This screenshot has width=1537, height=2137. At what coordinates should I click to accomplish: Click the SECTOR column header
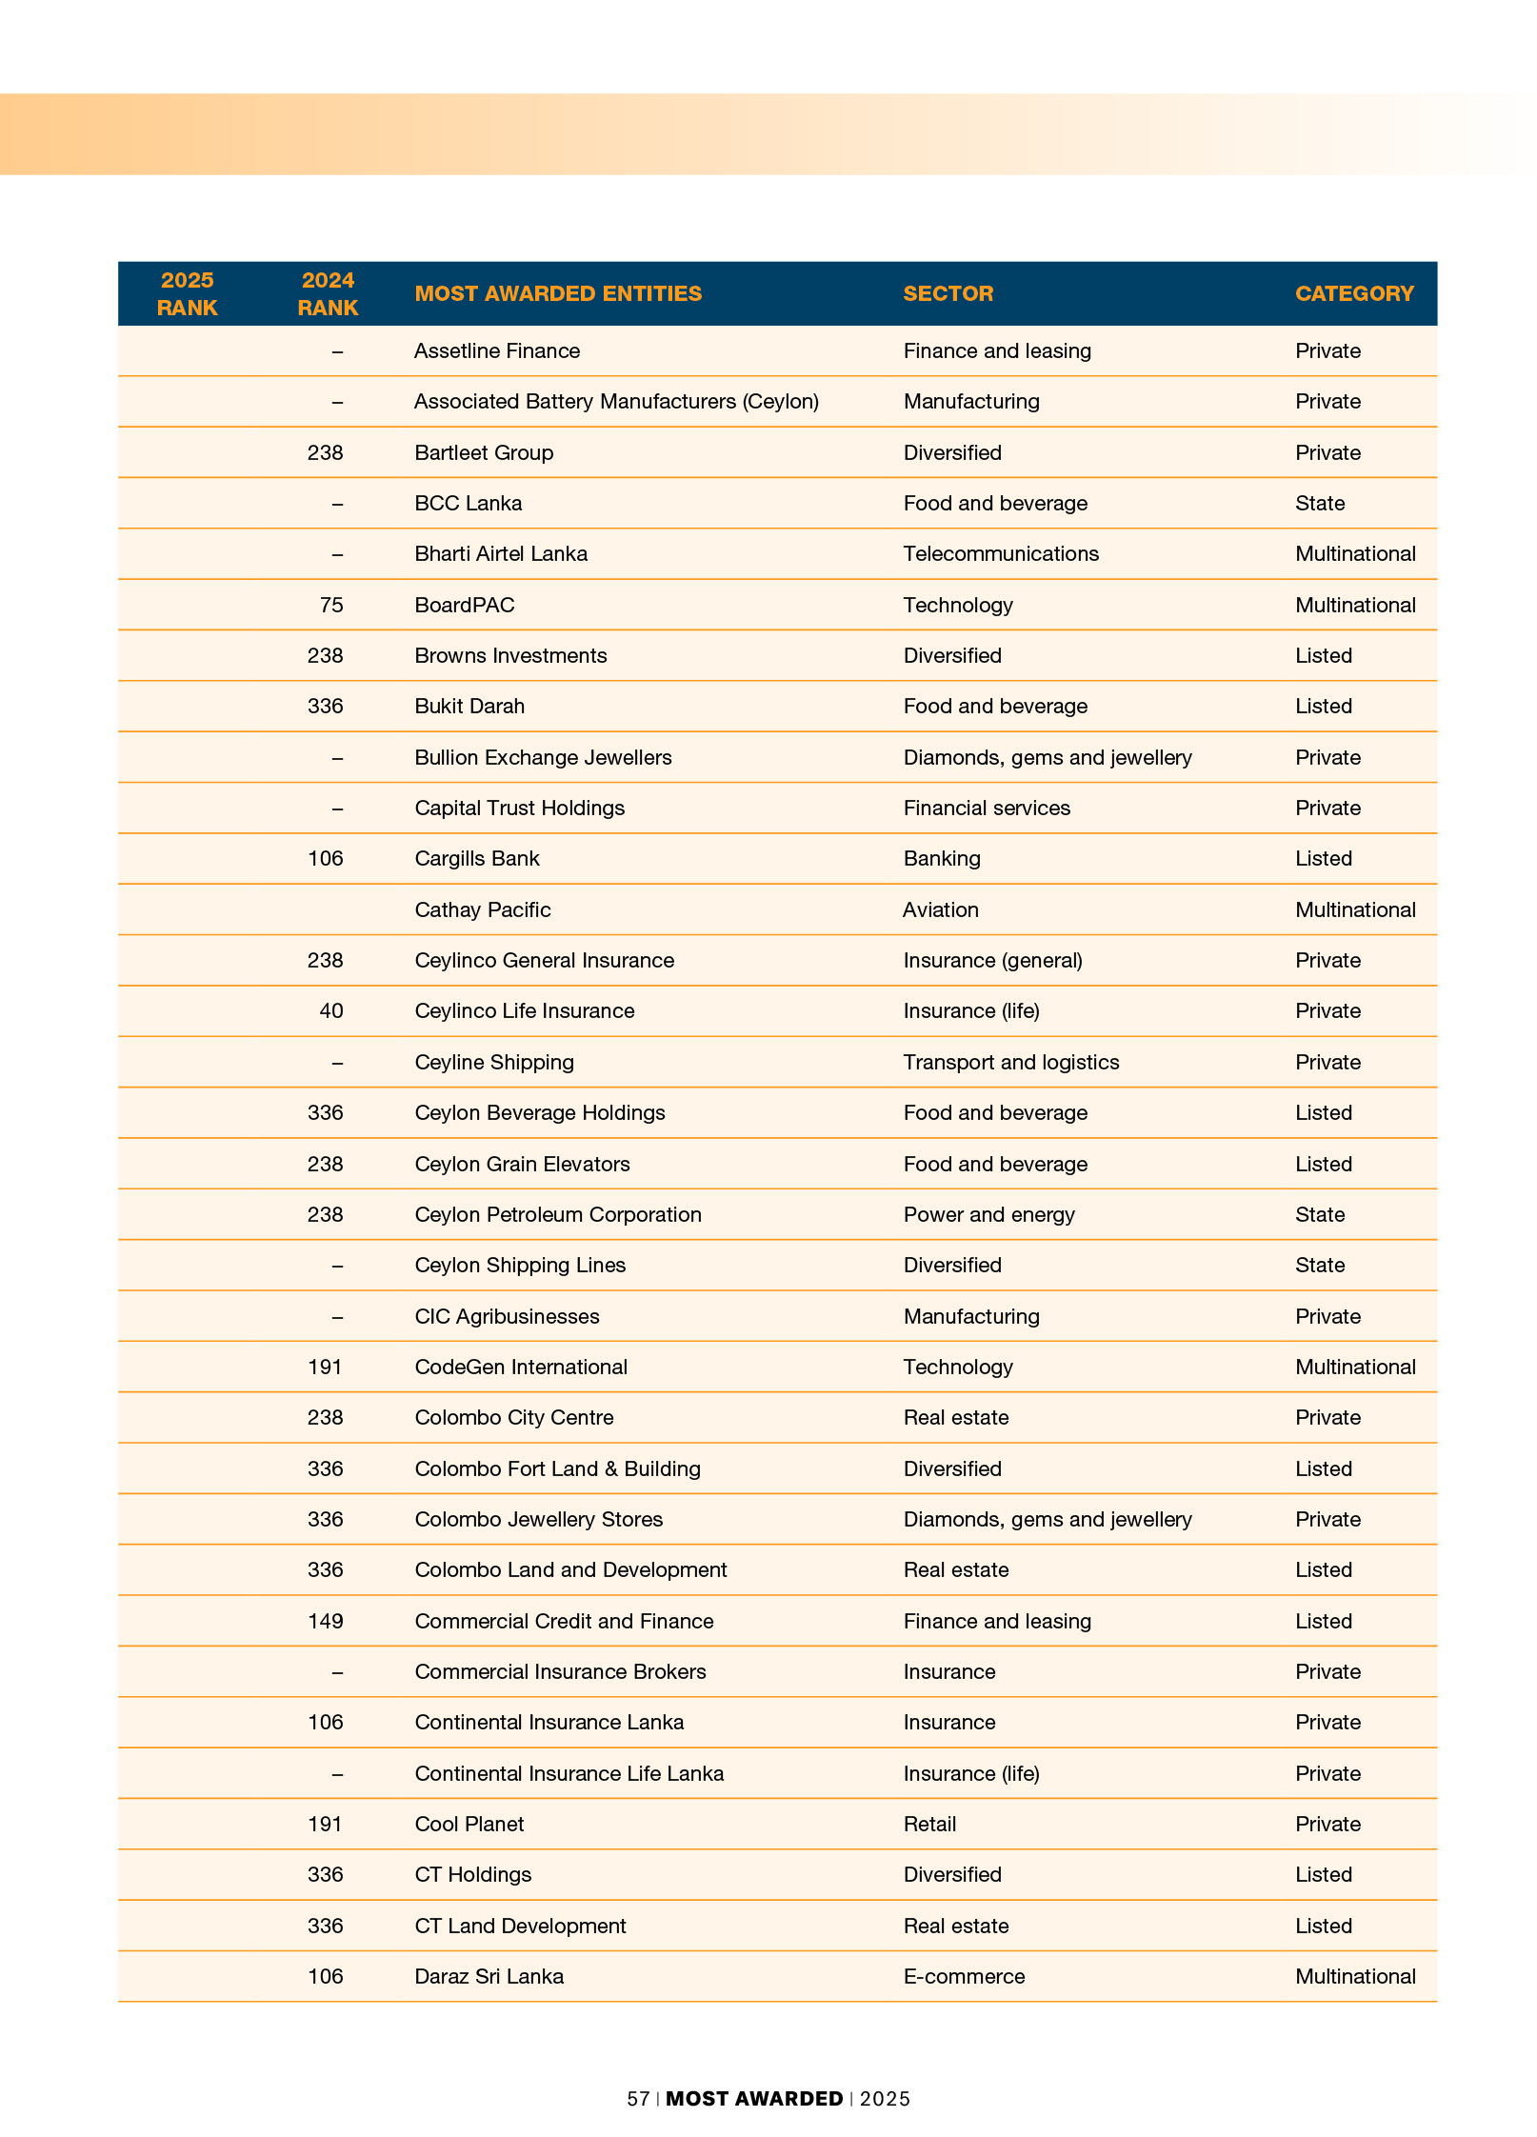(x=948, y=293)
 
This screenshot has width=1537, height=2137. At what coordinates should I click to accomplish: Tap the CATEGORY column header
(x=1354, y=293)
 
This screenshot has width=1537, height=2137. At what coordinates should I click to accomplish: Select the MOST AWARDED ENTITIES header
(x=558, y=293)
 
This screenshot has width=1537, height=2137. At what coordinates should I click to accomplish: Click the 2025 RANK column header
(x=187, y=293)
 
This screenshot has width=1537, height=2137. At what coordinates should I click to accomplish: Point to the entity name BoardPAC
(x=465, y=605)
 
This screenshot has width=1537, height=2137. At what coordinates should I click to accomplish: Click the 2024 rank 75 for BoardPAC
(x=330, y=605)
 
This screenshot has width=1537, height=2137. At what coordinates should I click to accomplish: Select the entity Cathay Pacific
(x=483, y=909)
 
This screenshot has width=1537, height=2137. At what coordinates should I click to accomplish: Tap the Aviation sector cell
(x=941, y=909)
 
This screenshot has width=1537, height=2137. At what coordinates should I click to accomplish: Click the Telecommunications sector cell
(x=1001, y=554)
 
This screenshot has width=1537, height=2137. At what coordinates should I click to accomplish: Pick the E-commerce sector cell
(x=964, y=1976)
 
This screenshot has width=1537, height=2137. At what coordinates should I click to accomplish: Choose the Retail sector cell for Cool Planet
(x=929, y=1824)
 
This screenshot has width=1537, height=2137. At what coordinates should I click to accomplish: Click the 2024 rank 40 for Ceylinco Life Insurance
(x=330, y=1011)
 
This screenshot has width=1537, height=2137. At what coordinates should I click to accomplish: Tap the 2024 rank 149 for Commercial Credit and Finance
(x=325, y=1621)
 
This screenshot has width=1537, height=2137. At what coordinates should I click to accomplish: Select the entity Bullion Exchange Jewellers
(x=543, y=757)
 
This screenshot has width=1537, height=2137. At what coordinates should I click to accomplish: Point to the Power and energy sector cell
(x=988, y=1214)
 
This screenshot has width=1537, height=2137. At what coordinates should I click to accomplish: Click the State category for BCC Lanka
(x=1320, y=503)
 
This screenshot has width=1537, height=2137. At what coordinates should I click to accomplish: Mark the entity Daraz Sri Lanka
(x=489, y=1976)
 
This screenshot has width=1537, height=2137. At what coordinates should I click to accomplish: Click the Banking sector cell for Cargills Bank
(x=942, y=858)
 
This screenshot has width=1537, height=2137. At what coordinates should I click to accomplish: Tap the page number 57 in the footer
(x=638, y=2099)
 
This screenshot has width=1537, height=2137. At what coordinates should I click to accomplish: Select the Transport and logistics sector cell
(x=1011, y=1062)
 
